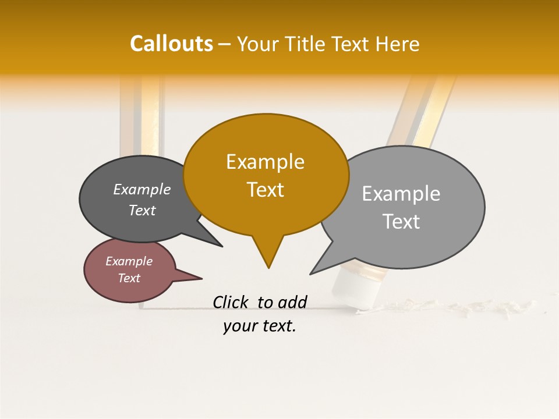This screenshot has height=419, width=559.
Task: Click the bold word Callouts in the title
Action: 171,44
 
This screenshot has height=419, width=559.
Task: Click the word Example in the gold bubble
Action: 265,162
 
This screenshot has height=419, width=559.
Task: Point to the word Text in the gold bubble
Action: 265,190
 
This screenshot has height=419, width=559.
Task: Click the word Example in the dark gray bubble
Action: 142,189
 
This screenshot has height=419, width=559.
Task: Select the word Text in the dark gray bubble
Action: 142,210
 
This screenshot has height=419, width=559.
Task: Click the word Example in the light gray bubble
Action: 401,194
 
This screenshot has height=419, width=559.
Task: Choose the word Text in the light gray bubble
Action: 401,222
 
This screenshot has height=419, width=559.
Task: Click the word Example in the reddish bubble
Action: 129,261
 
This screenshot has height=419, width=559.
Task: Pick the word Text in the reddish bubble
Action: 129,278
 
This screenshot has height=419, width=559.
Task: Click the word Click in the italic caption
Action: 231,302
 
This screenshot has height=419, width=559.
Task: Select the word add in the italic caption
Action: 292,302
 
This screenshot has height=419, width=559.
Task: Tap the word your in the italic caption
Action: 239,326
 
